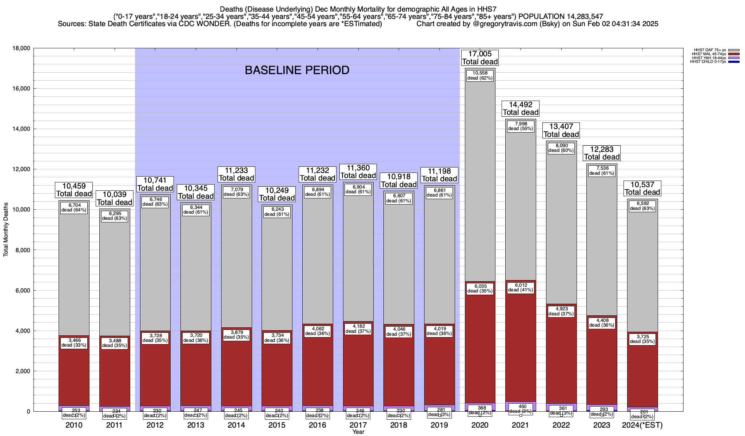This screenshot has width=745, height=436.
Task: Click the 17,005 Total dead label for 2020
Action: coord(480,58)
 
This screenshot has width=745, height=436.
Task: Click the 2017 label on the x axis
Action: coord(358,425)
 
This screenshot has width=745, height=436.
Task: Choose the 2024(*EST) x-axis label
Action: coord(642,425)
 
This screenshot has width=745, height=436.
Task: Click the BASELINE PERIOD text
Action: coord(297,70)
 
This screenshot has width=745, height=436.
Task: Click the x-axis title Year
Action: coord(358,432)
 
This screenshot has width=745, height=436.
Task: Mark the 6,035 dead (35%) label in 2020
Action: coord(480,288)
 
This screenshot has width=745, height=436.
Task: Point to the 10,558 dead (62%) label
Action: coord(480,76)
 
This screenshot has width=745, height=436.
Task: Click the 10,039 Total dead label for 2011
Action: coord(115,198)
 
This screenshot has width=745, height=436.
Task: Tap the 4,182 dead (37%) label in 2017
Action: coord(358,329)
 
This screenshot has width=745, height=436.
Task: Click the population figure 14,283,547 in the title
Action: coord(580,16)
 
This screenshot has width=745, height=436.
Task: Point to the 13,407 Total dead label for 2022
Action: coord(561,130)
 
